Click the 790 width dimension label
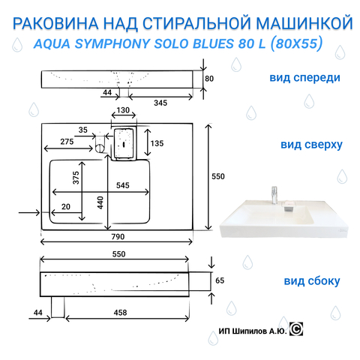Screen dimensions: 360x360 (x=118, y=236)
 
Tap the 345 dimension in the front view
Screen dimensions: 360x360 (x=160, y=103)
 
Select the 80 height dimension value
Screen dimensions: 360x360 (x=209, y=79)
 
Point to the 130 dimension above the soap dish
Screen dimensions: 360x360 (x=123, y=110)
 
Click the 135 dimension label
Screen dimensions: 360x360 (x=157, y=143)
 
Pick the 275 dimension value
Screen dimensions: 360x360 (x=67, y=142)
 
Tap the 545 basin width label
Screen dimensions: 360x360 (x=123, y=185)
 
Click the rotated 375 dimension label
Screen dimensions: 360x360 (x=76, y=178)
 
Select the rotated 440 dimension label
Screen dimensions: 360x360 (x=100, y=202)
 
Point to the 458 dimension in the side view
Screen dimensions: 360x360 (x=120, y=313)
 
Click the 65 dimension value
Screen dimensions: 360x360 (x=220, y=280)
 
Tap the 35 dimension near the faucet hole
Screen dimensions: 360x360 (x=83, y=130)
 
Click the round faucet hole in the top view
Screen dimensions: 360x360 (x=100, y=148)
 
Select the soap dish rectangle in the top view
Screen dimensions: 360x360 (x=124, y=143)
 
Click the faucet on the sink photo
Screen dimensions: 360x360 (x=274, y=195)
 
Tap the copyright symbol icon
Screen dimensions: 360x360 (x=296, y=329)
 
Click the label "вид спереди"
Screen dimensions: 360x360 (x=304, y=77)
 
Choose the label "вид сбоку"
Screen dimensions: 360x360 (x=312, y=281)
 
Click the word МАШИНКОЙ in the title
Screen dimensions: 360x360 (x=304, y=23)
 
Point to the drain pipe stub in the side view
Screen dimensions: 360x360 (x=58, y=307)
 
